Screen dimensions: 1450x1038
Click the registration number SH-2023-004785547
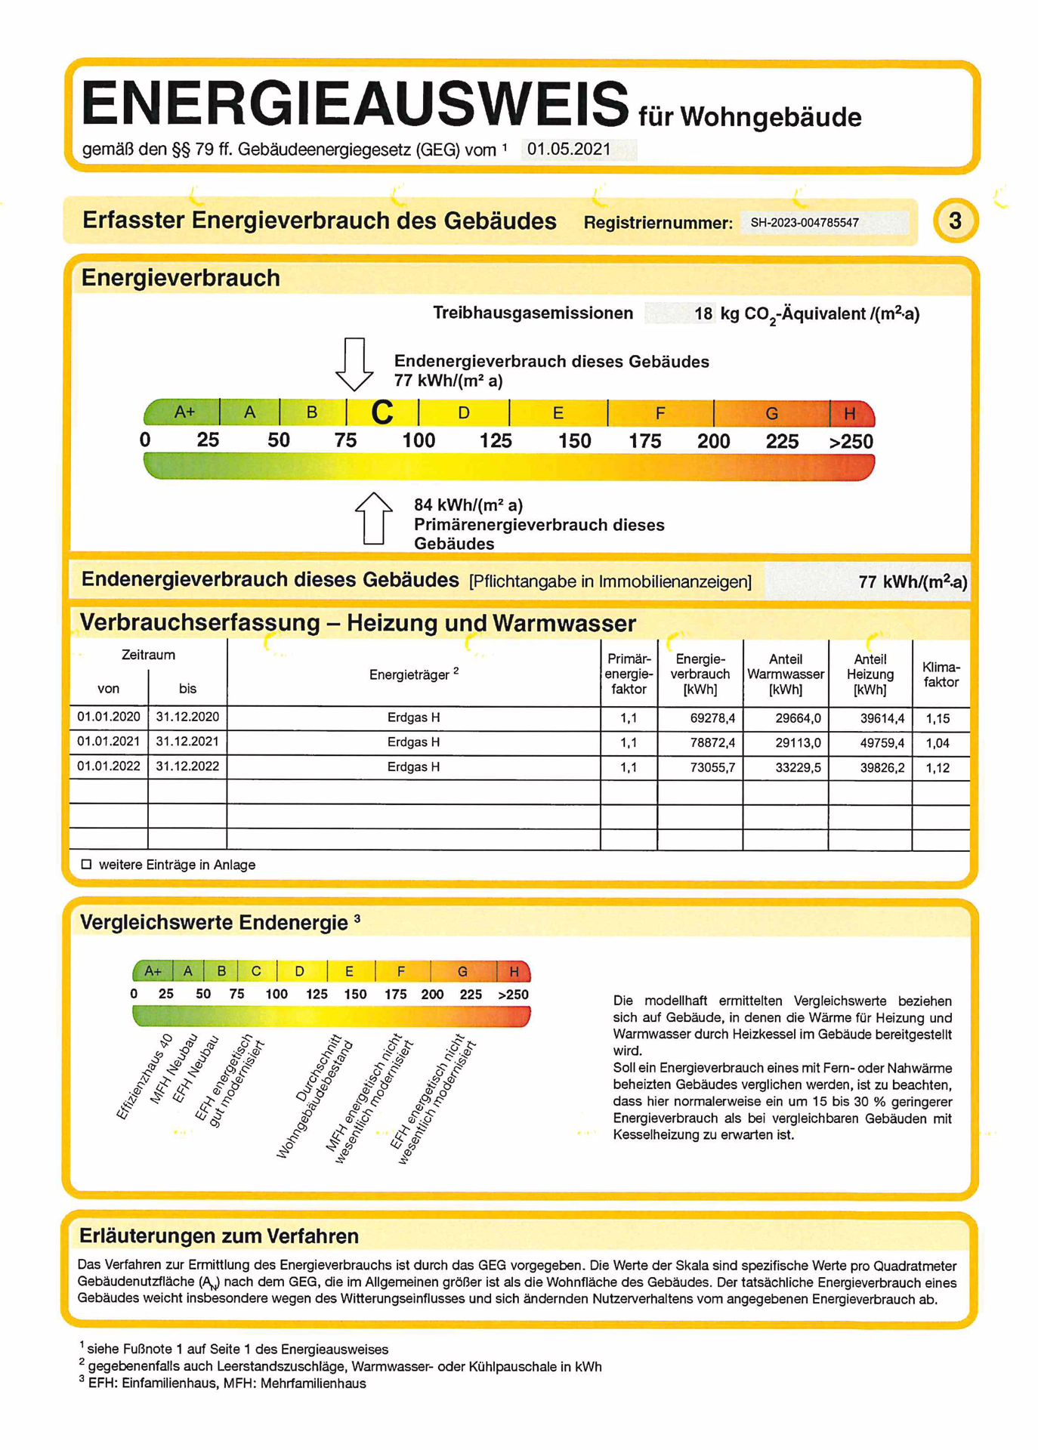804,223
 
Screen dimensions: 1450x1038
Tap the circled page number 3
955,221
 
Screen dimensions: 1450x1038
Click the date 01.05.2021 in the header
569,149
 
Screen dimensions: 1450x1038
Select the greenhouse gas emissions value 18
703,313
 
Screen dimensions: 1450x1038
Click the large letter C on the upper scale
382,412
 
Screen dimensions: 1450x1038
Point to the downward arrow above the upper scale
354,363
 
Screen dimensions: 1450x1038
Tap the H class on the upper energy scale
850,413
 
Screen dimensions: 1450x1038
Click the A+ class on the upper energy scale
184,412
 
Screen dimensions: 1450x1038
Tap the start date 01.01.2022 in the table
109,766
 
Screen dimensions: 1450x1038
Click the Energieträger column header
413,674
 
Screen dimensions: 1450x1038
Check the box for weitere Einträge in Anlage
86,864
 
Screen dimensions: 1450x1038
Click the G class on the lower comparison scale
462,971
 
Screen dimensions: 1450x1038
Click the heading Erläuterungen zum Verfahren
219,1236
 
